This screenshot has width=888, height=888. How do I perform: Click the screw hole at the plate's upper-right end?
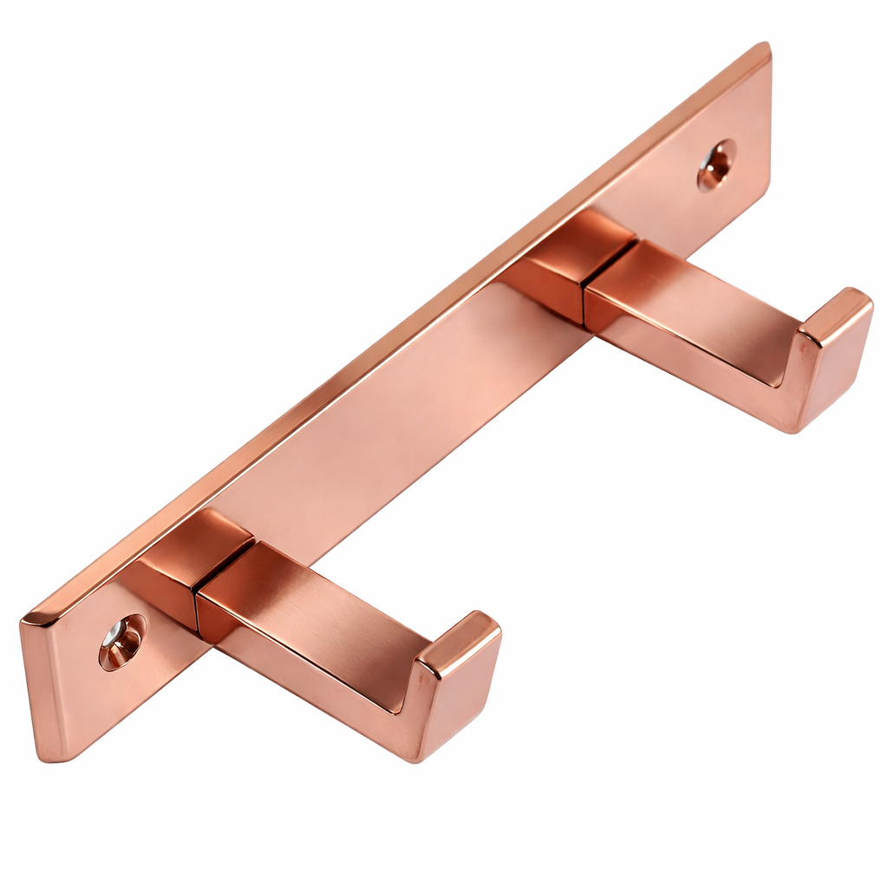coord(716,164)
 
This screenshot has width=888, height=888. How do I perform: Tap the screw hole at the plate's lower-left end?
coord(121,642)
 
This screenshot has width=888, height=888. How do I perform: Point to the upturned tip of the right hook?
coord(834,356)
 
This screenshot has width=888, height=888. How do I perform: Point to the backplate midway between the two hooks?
coord(408,408)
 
